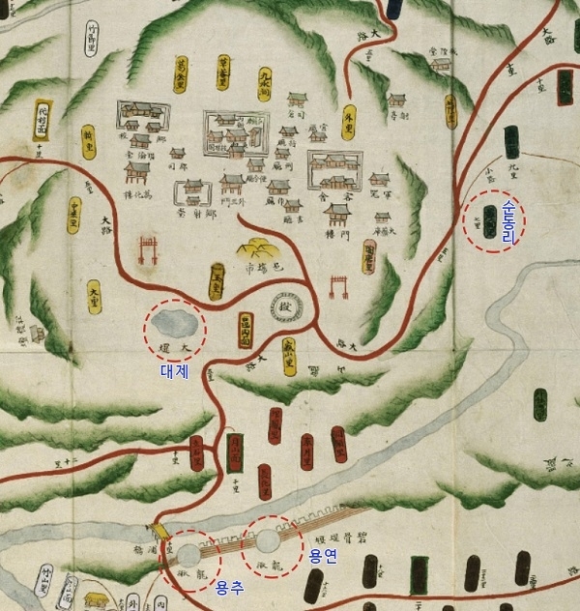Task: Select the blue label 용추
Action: pos(229,586)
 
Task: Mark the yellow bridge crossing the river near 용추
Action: pos(158,534)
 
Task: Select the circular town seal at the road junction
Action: pos(286,309)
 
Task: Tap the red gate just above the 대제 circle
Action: pos(149,248)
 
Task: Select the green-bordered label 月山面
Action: pos(233,450)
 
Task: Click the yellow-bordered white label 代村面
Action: pos(42,117)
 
